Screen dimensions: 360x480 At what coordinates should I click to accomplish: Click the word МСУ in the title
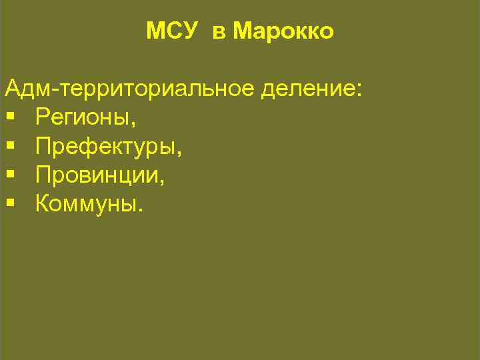click(171, 31)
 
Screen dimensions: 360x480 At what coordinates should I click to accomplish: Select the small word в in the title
click(219, 32)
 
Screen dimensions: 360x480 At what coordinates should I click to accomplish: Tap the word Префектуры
click(106, 147)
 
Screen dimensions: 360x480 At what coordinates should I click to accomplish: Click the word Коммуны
click(86, 204)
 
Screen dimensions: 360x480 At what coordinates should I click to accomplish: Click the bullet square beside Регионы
click(10, 119)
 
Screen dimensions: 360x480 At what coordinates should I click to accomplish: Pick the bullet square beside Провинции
click(10, 175)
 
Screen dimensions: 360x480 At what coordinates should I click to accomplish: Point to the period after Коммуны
click(139, 209)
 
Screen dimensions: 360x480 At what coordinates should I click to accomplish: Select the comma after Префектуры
click(179, 153)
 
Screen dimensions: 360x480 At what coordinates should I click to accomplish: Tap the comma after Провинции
click(163, 181)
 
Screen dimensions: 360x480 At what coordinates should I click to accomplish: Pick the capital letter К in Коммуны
click(43, 203)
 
